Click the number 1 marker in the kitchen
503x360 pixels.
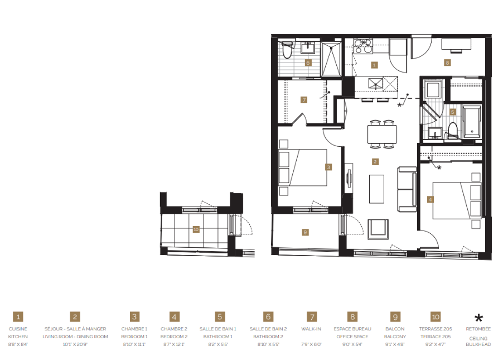374,65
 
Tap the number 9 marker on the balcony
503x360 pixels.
305,232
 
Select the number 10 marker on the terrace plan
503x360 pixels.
195,228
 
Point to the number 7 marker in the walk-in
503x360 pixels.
303,100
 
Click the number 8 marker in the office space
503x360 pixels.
447,63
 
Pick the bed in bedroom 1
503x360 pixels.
303,167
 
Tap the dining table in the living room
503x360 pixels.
382,134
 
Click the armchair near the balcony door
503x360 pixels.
379,227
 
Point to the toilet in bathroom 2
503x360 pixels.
287,50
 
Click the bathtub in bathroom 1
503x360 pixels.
472,122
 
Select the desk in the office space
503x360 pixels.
456,44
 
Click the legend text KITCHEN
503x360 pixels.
18,337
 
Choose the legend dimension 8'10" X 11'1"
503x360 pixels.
134,344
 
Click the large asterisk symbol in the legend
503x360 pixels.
478,318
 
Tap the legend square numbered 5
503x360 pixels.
220,316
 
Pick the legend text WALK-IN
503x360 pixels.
312,329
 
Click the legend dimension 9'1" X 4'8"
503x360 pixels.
395,344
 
